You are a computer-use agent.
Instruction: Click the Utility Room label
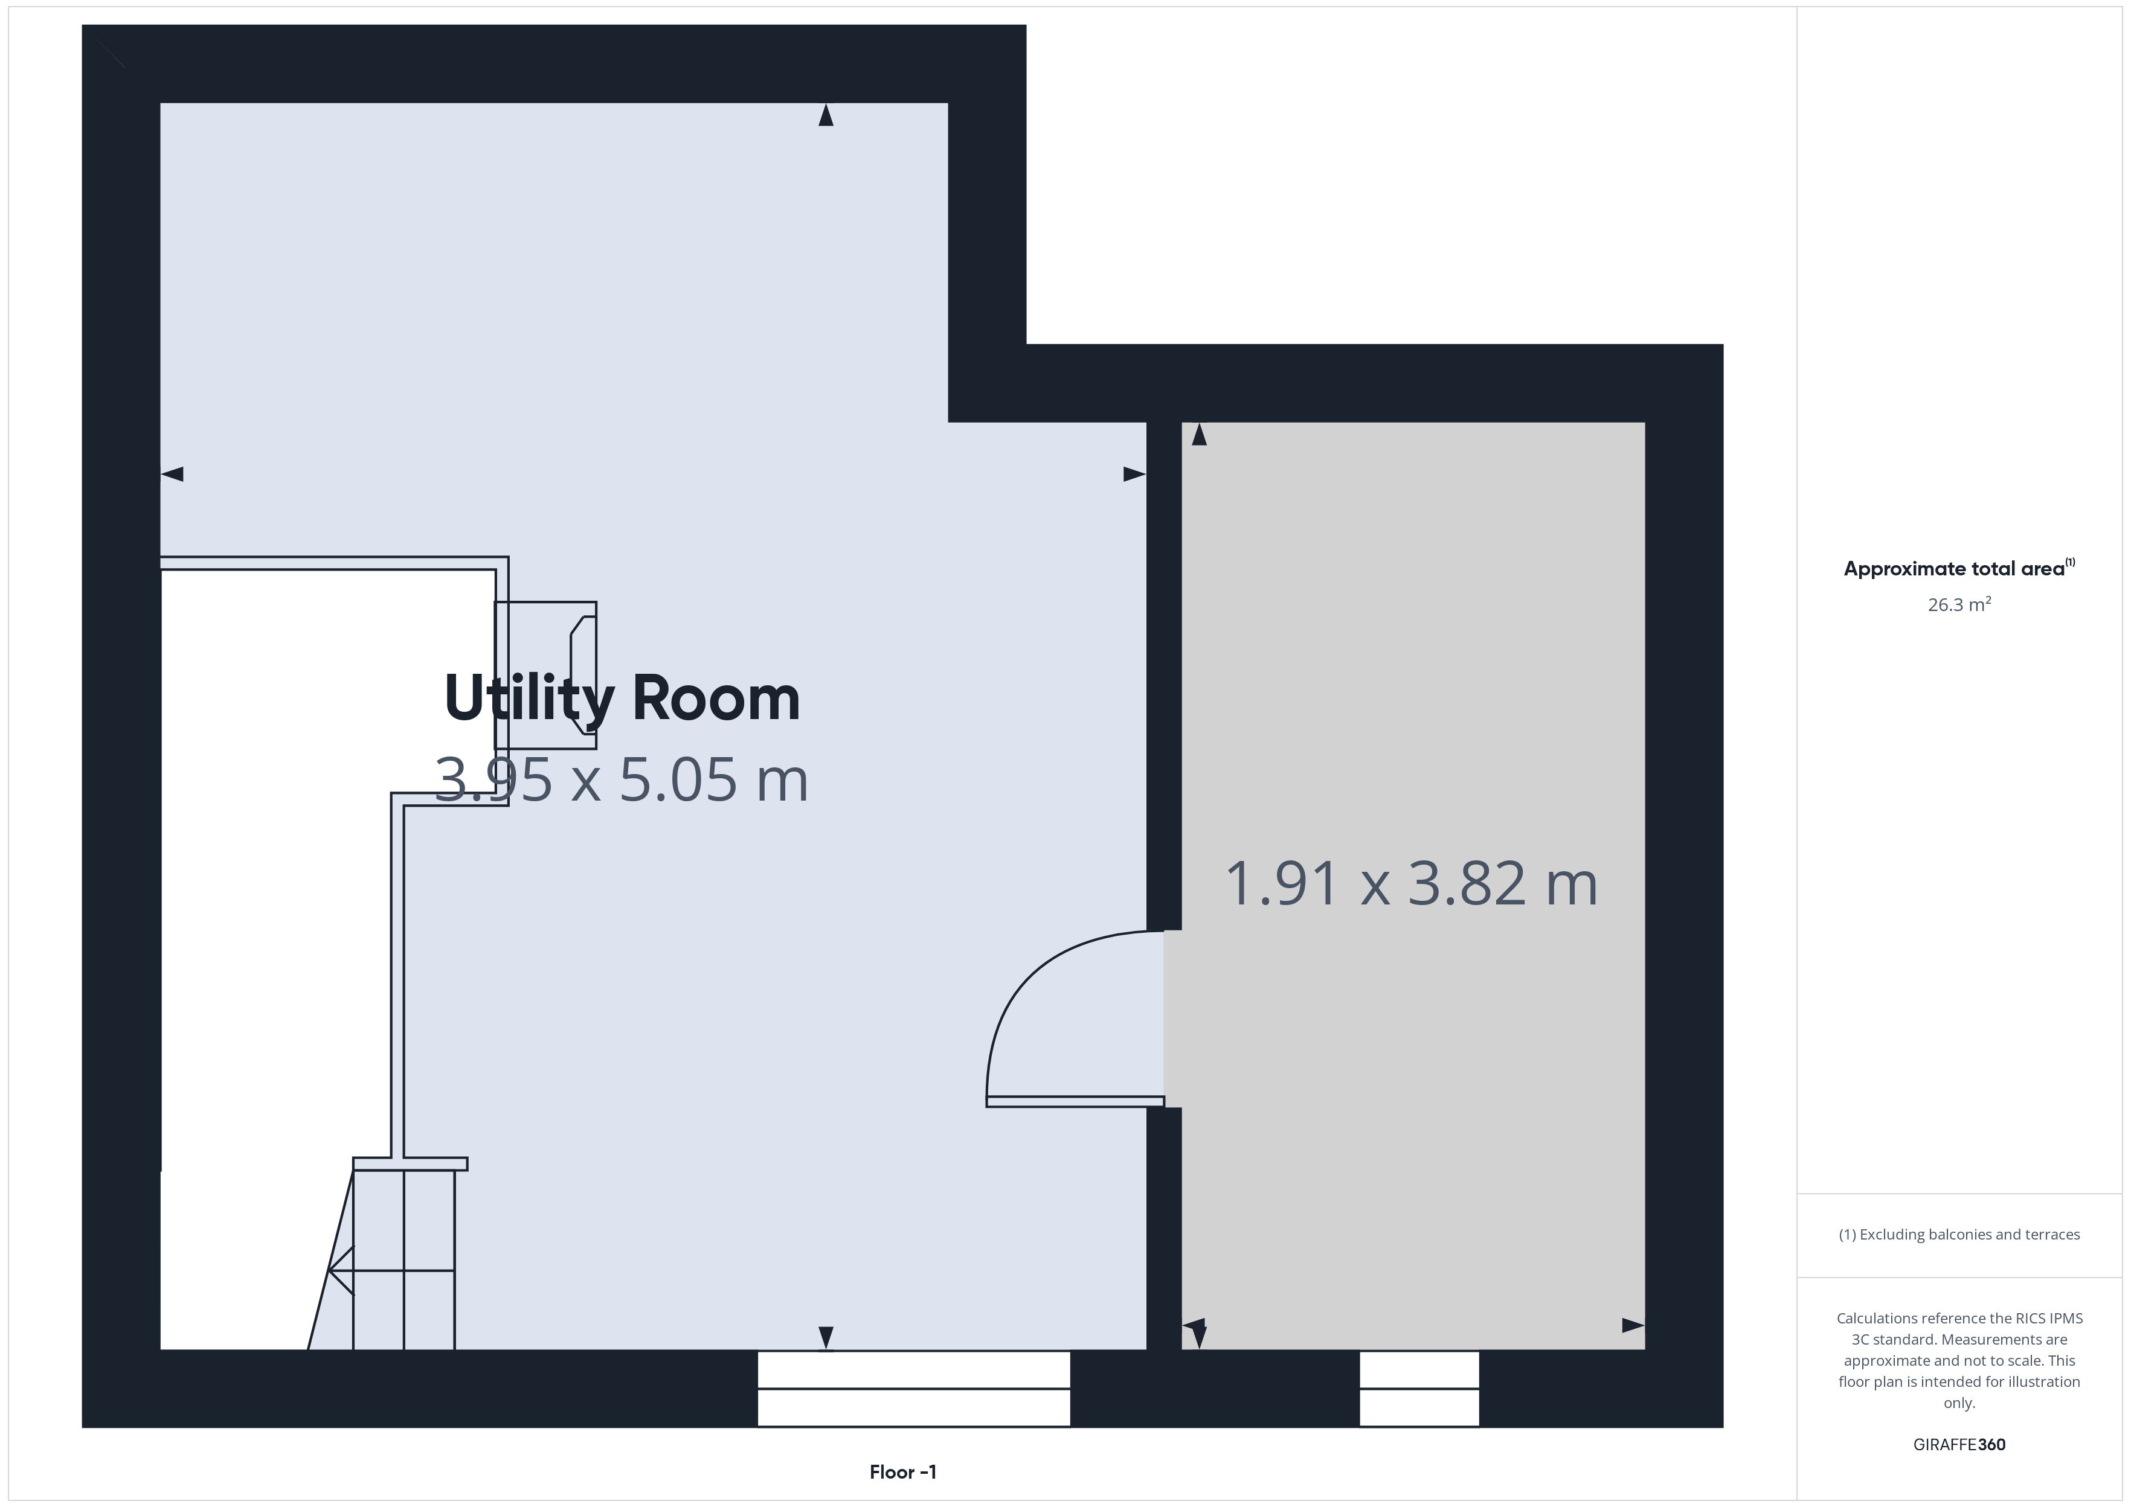(622, 698)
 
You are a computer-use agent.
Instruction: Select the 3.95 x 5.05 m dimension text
(622, 779)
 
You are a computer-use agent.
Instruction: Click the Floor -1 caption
(903, 1472)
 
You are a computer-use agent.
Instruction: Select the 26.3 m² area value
(1959, 604)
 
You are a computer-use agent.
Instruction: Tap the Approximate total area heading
(1958, 568)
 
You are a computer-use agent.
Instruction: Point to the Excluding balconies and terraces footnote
(1959, 1234)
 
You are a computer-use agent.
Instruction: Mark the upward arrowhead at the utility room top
(825, 115)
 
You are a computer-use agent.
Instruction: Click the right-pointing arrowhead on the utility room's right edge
(1134, 474)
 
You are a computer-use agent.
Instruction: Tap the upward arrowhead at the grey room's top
(1199, 434)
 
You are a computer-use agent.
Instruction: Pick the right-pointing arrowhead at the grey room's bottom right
(1633, 1325)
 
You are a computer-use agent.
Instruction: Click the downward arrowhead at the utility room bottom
(825, 1338)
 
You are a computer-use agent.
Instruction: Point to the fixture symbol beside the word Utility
(546, 674)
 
